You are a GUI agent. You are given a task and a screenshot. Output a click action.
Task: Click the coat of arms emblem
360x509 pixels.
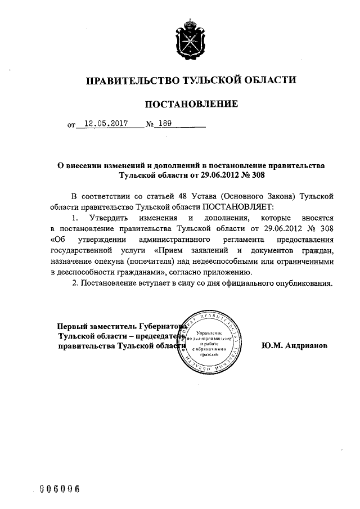190,40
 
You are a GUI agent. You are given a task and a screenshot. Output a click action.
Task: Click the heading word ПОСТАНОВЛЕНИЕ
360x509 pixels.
192,104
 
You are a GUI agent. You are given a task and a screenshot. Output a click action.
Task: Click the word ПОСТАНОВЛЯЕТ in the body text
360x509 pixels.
241,206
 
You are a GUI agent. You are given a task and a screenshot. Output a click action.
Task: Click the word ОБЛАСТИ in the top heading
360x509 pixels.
269,80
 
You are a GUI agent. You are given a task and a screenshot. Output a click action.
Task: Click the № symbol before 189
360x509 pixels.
150,125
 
